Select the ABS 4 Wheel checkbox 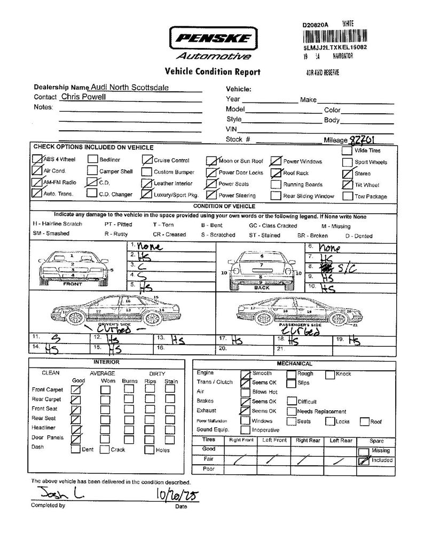[37, 159]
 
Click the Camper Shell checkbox [92, 171]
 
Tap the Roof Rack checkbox [276, 173]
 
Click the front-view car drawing [73, 265]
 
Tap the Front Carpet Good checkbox [76, 389]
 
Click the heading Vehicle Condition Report [212, 72]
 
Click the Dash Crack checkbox [104, 449]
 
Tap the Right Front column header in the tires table [241, 440]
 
